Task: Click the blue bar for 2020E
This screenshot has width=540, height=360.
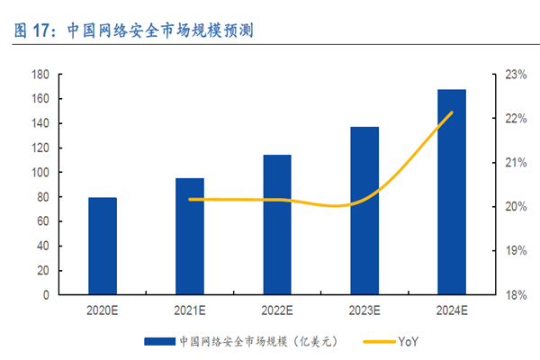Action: [x=103, y=246]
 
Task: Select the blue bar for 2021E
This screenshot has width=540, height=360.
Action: [x=189, y=236]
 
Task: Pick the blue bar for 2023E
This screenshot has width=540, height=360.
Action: [x=364, y=211]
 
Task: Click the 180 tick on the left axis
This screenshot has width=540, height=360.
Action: [x=40, y=75]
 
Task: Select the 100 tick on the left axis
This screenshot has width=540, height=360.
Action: [x=40, y=172]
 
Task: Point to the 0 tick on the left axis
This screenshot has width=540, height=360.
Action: [x=46, y=294]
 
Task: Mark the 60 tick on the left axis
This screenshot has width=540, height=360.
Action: [x=42, y=221]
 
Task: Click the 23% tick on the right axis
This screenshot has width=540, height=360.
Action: [x=513, y=75]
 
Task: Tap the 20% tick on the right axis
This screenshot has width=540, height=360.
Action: [x=513, y=207]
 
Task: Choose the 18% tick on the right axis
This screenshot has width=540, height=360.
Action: [x=513, y=294]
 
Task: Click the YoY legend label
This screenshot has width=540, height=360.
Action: [x=408, y=341]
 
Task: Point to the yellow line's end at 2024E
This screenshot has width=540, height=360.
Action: [x=452, y=112]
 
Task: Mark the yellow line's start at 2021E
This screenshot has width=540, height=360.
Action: [x=190, y=199]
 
